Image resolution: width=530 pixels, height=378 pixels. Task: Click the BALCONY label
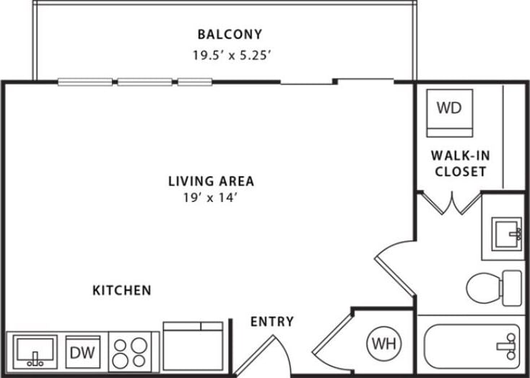coord(229,34)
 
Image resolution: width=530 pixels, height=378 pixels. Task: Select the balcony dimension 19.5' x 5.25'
coord(230,56)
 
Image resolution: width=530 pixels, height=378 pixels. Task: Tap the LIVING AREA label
coord(211,181)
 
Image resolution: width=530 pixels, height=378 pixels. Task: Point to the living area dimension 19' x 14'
coord(211,197)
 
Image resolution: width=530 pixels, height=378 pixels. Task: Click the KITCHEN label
coord(122,290)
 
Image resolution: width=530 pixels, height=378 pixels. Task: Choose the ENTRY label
coord(271,321)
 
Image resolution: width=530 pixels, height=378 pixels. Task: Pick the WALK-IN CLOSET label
coord(459,163)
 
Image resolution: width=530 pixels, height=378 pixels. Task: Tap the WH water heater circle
coord(383,343)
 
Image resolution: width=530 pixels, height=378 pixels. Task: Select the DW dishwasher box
coord(81,353)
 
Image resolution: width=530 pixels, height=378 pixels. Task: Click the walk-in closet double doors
coord(451,203)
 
